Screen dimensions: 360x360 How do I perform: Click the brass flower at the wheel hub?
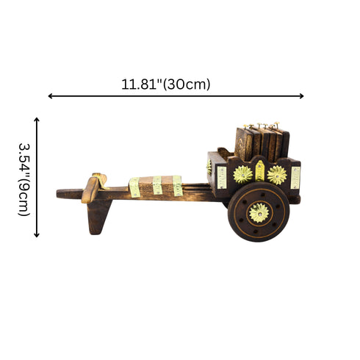(259, 212)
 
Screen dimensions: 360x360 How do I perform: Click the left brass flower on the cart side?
(242, 174)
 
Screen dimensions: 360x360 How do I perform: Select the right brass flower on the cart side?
(277, 174)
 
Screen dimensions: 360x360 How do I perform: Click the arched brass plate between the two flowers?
(259, 171)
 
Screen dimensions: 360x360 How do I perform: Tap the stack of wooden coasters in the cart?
(261, 143)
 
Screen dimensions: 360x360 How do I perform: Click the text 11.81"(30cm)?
(166, 84)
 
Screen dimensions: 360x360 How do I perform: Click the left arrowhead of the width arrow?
(51, 96)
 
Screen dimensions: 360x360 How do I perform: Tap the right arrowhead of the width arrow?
(301, 96)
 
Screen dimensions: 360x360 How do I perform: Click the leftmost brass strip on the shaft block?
(134, 187)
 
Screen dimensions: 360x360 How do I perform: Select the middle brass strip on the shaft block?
(157, 185)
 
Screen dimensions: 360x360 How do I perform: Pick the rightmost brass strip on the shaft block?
(177, 185)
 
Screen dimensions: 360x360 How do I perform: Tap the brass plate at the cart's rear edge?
(295, 177)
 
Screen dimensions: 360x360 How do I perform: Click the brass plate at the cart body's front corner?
(221, 177)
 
